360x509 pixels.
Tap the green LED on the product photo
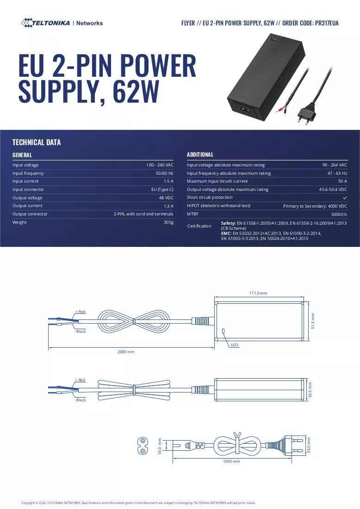click(x=273, y=40)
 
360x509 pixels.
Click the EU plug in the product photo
click(x=306, y=114)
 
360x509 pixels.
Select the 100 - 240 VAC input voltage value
click(x=160, y=165)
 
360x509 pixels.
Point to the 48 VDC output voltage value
click(x=166, y=198)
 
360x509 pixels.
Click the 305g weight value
click(x=168, y=222)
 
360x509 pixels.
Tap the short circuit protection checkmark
click(x=345, y=198)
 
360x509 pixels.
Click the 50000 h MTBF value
click(x=339, y=214)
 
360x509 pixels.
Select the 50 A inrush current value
click(x=342, y=181)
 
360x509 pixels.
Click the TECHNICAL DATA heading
click(x=37, y=142)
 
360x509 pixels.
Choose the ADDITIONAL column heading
click(x=200, y=154)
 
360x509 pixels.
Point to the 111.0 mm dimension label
click(x=258, y=293)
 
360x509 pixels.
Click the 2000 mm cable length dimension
click(x=126, y=352)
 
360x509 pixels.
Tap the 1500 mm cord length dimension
click(x=231, y=461)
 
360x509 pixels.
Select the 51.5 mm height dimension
click(x=313, y=321)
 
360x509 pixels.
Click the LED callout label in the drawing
click(x=234, y=345)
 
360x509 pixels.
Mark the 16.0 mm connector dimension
click(x=160, y=446)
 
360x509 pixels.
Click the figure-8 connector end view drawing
click(x=143, y=446)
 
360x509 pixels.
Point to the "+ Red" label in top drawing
click(x=80, y=312)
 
